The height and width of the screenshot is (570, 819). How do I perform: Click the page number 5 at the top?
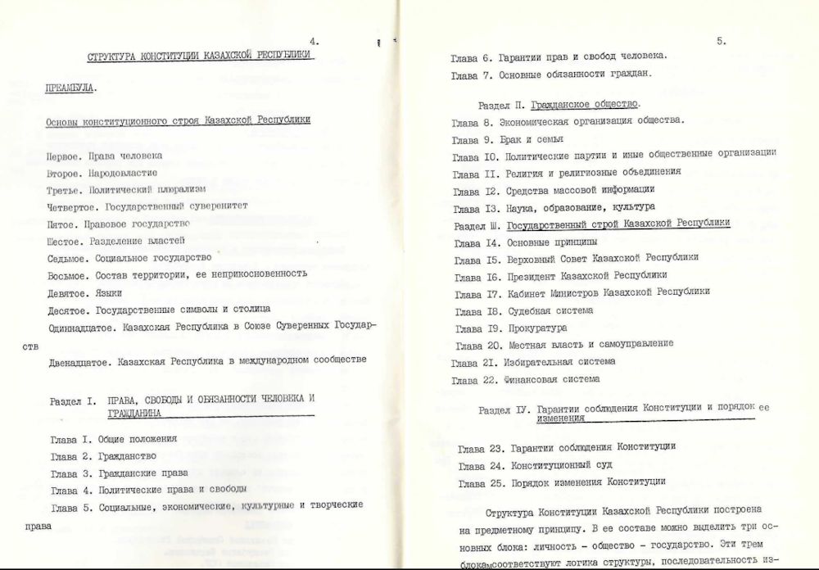point(722,39)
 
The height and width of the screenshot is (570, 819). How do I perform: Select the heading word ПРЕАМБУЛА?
point(70,86)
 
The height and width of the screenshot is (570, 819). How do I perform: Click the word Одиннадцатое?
point(80,325)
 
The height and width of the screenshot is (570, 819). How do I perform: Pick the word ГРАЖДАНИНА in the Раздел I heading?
point(135,414)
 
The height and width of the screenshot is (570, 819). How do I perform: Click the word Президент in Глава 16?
point(534,275)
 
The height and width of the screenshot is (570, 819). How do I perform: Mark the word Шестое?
point(66,240)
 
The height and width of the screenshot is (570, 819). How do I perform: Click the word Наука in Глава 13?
point(522,207)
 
